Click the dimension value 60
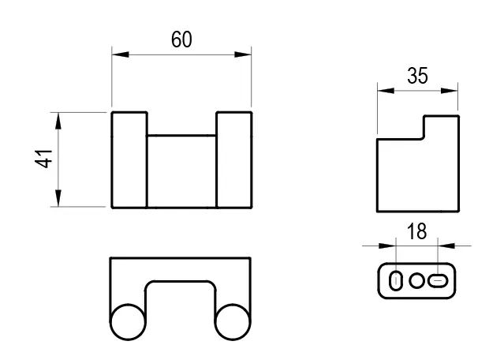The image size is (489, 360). (181, 39)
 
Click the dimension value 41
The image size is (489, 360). (43, 159)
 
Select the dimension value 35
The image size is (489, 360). (417, 76)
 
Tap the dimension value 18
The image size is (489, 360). (417, 231)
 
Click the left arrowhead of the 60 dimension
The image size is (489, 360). (120, 54)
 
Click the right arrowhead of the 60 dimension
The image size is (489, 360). (243, 54)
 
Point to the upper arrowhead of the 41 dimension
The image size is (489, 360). (58, 121)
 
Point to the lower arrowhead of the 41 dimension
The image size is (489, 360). (58, 198)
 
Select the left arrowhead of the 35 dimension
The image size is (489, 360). (386, 91)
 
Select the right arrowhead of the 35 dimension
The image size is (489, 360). (450, 91)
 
